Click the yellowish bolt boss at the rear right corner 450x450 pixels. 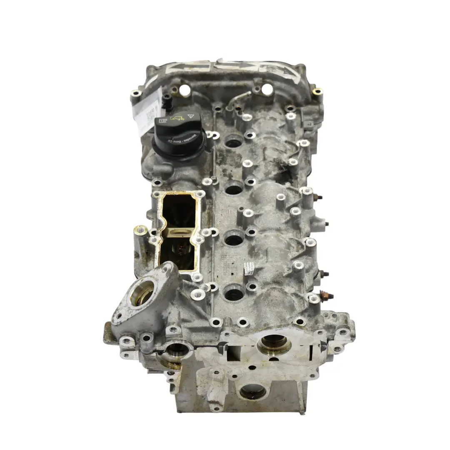(317, 92)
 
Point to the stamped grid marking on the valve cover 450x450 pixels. (228, 261)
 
